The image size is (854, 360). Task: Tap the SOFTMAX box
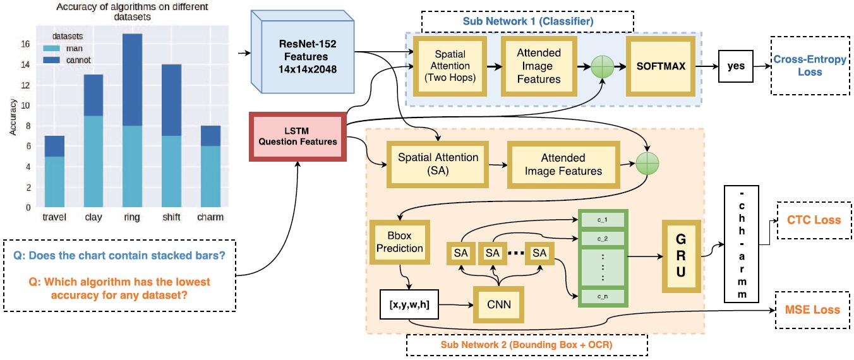coord(660,66)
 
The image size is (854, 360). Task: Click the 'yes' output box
coord(736,66)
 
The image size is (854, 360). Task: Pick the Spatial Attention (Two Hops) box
coord(449,66)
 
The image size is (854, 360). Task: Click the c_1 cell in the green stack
coord(602,219)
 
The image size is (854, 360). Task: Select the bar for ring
coord(132,120)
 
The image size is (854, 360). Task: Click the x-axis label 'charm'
coord(210,217)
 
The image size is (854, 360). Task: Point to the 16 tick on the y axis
coord(26,44)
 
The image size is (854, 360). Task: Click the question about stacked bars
coord(119,258)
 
